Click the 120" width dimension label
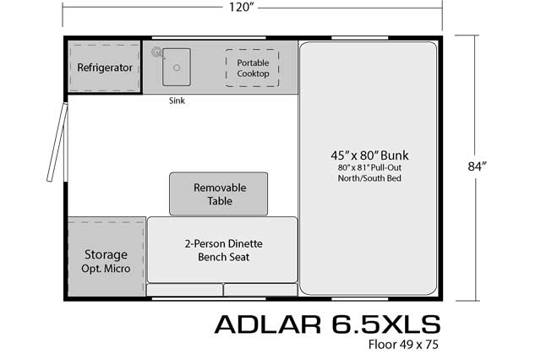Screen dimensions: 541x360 click(x=241, y=7)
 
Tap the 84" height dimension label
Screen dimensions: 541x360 click(x=477, y=166)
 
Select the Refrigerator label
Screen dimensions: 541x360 click(x=105, y=68)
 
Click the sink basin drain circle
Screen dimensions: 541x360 click(x=177, y=68)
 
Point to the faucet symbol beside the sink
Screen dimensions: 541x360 click(x=156, y=52)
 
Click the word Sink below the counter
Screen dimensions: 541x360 click(x=177, y=101)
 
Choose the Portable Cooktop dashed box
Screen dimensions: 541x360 click(x=252, y=68)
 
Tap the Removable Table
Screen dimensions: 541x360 click(x=218, y=194)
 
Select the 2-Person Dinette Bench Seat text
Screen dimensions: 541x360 click(x=223, y=250)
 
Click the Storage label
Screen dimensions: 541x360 click(x=106, y=255)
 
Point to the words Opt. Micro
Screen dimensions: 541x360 click(x=106, y=269)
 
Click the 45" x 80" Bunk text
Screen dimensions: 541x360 click(x=369, y=155)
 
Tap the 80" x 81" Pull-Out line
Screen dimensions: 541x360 click(x=369, y=168)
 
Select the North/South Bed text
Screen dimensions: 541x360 click(x=369, y=178)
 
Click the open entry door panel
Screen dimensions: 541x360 click(x=57, y=142)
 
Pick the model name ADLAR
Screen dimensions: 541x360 click(x=267, y=325)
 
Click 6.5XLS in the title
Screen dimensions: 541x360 click(x=386, y=325)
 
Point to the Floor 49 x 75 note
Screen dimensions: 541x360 click(x=403, y=345)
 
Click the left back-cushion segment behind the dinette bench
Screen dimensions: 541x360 click(x=184, y=290)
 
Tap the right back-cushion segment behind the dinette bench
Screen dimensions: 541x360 click(x=260, y=290)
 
